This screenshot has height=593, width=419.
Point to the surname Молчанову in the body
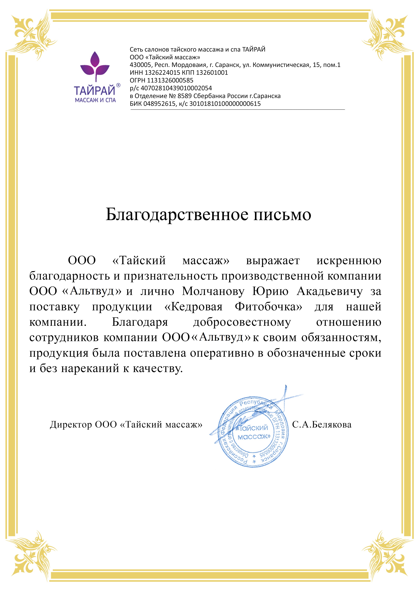click(213, 291)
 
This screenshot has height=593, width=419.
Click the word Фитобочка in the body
click(268, 307)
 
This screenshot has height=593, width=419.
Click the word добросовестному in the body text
click(242, 322)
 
